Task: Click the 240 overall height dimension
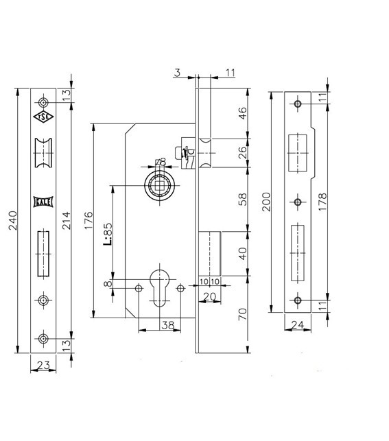pyautogui.click(x=13, y=221)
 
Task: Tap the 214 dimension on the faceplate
pyautogui.click(x=67, y=221)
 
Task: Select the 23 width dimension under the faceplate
pyautogui.click(x=43, y=365)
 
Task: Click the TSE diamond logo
pyautogui.click(x=43, y=117)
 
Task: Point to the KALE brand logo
pyautogui.click(x=43, y=202)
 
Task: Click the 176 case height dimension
pyautogui.click(x=89, y=221)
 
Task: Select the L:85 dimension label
pyautogui.click(x=108, y=234)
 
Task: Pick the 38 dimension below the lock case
pyautogui.click(x=168, y=325)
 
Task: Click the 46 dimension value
pyautogui.click(x=242, y=113)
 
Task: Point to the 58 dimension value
pyautogui.click(x=242, y=199)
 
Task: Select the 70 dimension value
pyautogui.click(x=242, y=314)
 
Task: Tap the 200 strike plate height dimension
pyautogui.click(x=266, y=202)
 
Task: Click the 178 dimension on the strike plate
pyautogui.click(x=322, y=202)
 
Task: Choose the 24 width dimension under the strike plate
pyautogui.click(x=298, y=325)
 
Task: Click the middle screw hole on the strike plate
pyautogui.click(x=298, y=202)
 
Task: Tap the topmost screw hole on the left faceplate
pyautogui.click(x=43, y=103)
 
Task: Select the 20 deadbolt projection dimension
pyautogui.click(x=209, y=296)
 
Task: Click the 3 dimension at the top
pyautogui.click(x=177, y=73)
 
